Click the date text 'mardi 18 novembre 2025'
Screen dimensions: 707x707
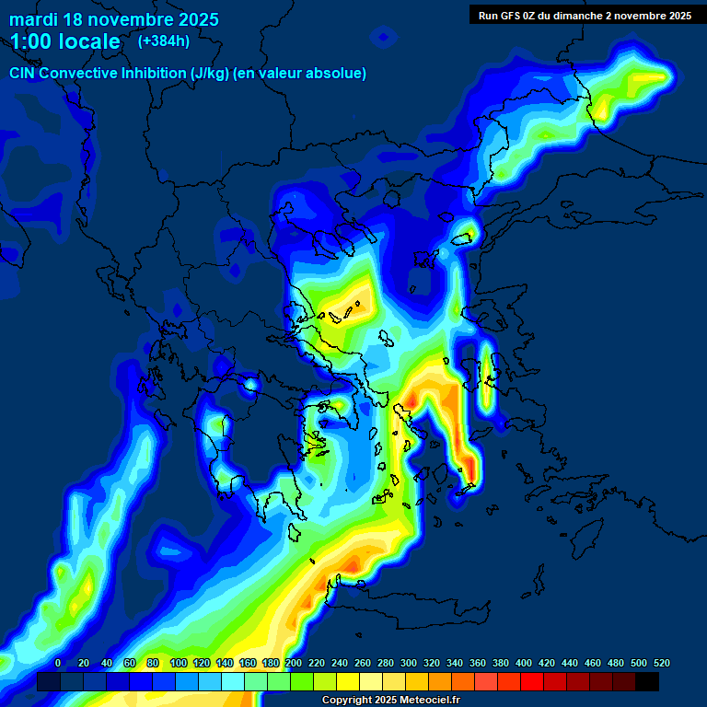114,19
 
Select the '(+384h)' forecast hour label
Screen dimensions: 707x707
164,41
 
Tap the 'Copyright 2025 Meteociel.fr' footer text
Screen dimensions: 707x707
390,700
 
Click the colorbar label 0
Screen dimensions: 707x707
58,663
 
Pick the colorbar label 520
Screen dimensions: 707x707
661,663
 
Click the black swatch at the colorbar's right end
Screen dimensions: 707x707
647,681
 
